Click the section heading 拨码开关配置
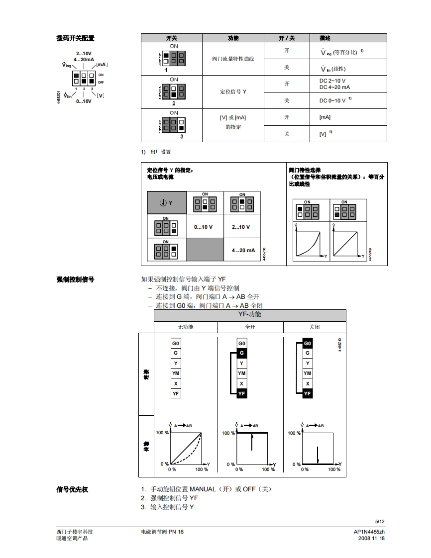click(75, 38)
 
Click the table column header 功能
click(233, 38)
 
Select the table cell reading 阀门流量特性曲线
click(233, 59)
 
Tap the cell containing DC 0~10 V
click(332, 100)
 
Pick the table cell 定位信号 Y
click(233, 92)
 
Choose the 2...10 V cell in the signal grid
click(241, 227)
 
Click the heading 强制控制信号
click(75, 279)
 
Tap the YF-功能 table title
click(249, 314)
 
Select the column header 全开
click(250, 327)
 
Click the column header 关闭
click(315, 327)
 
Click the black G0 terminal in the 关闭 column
click(308, 344)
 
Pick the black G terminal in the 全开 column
click(241, 353)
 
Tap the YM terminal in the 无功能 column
click(176, 373)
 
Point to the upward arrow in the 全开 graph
click(252, 442)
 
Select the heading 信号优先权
click(72, 489)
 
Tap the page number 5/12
click(380, 521)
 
